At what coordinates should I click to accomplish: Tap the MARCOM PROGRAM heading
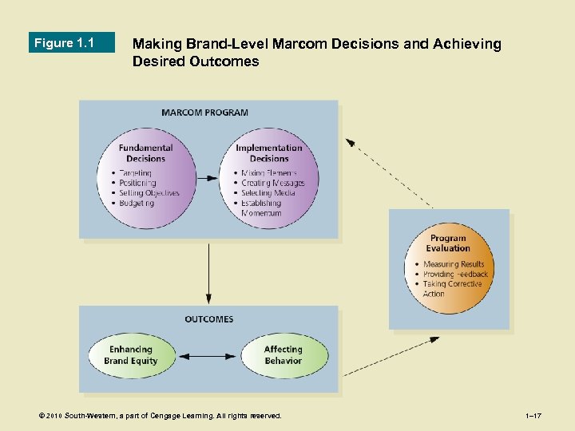[204, 113]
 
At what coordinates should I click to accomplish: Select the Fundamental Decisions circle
[145, 177]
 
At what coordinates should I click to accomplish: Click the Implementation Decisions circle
[268, 177]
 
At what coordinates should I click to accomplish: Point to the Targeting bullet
[135, 173]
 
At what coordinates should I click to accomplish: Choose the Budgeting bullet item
[137, 203]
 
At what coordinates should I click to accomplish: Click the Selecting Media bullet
[268, 193]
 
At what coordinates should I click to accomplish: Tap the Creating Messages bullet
[273, 183]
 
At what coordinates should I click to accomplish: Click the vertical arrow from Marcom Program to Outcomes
[208, 272]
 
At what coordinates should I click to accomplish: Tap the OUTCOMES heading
[209, 319]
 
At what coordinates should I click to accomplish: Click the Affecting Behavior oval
[284, 355]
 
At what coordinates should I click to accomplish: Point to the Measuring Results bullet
[454, 264]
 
